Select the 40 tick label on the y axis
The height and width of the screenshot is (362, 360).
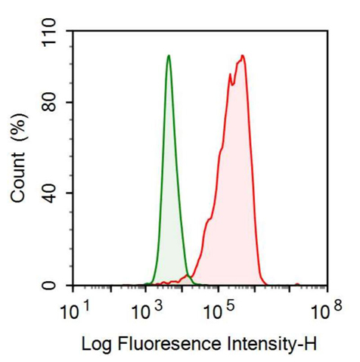(51, 193)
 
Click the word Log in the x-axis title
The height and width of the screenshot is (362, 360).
(94, 344)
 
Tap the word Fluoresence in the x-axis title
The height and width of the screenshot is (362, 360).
(166, 344)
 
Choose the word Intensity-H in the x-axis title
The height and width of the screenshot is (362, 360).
(272, 344)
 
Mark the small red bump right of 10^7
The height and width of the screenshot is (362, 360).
(297, 283)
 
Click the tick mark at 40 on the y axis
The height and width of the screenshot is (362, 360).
(70, 193)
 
